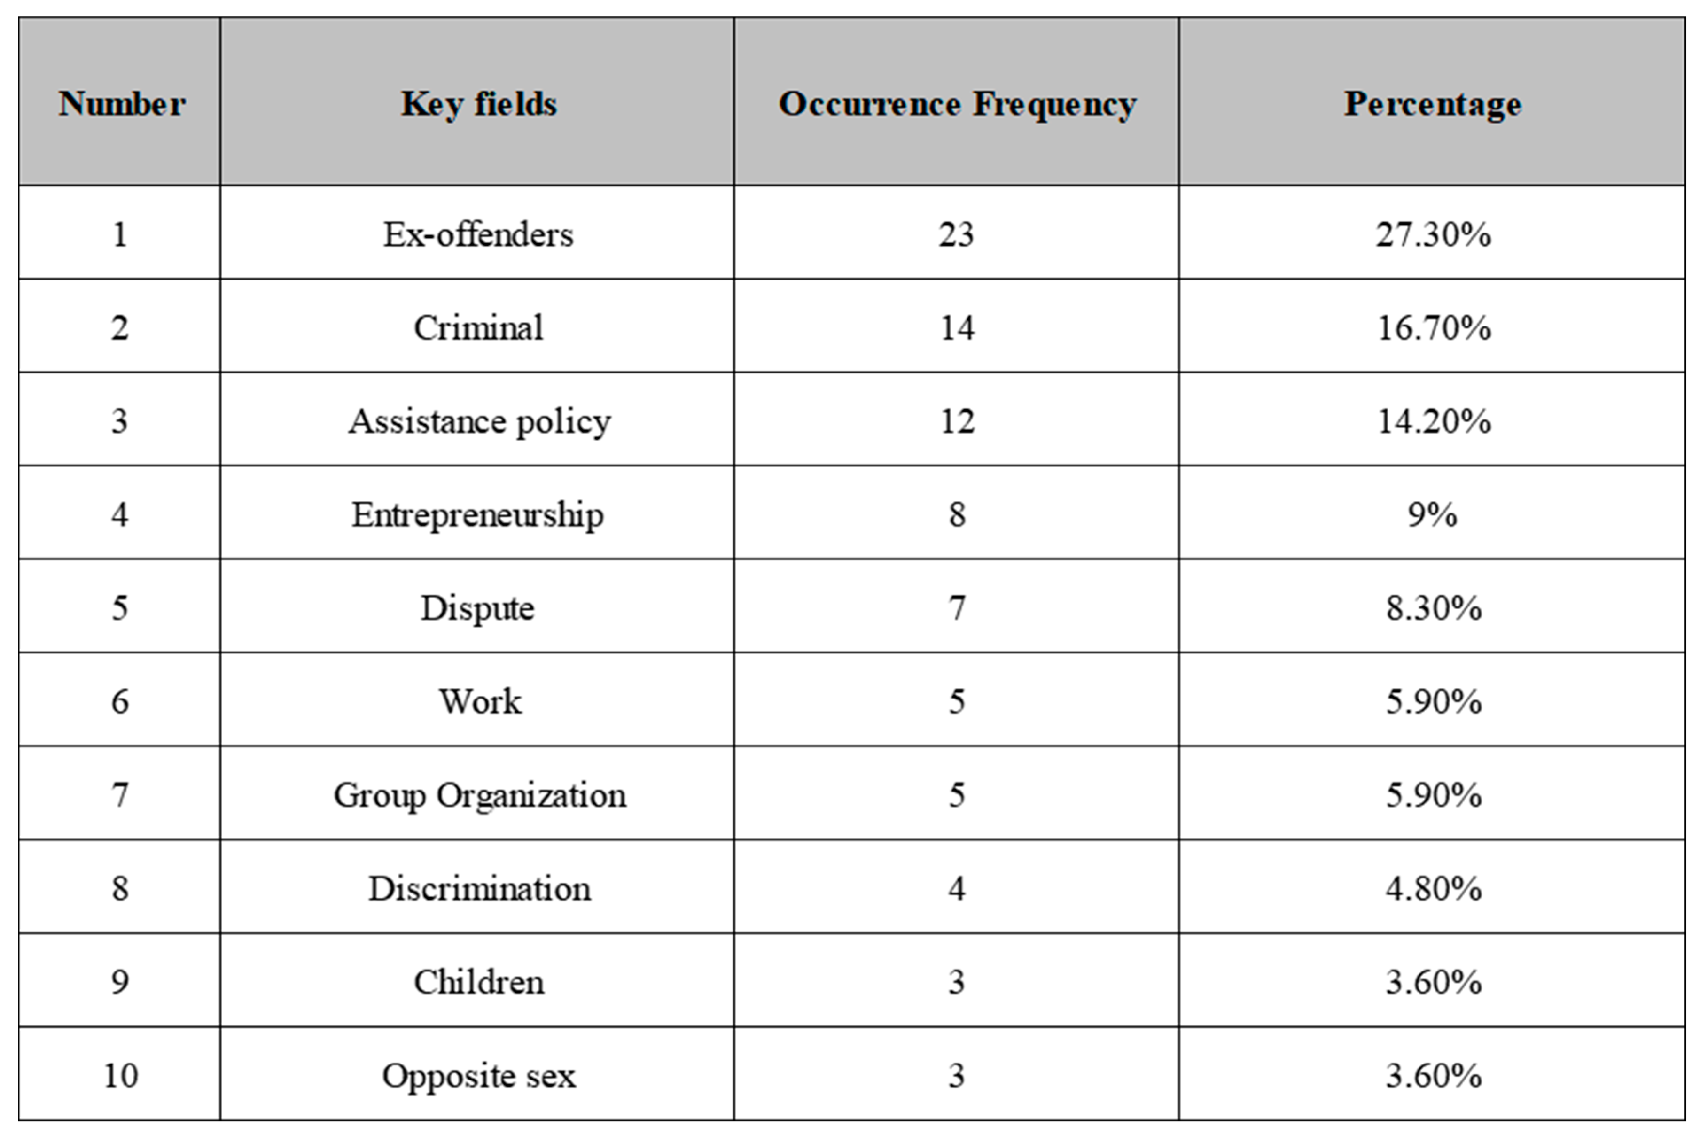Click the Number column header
(122, 103)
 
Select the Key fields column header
(478, 103)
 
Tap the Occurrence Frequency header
(956, 103)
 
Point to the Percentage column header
(1432, 103)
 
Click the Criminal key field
(478, 327)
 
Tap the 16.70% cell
(1432, 327)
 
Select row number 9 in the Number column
(120, 981)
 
